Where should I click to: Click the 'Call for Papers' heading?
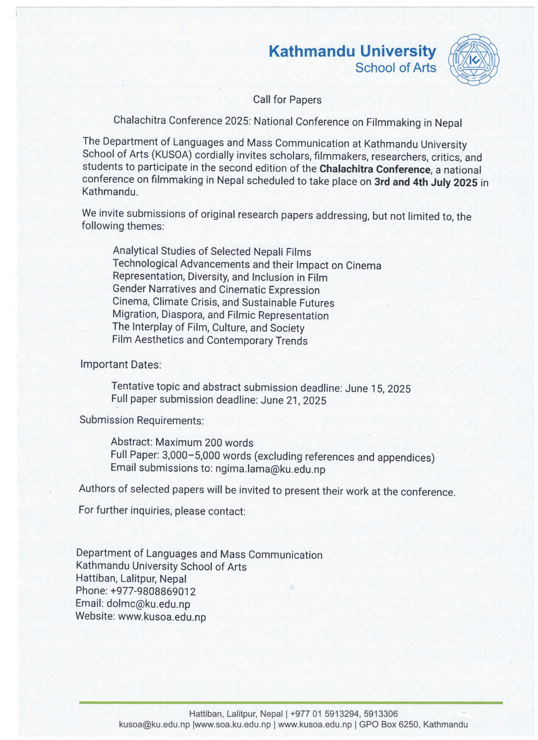click(x=287, y=100)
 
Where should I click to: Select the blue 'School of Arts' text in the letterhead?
click(x=395, y=68)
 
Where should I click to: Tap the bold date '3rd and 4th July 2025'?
click(x=426, y=182)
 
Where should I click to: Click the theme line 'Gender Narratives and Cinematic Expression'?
click(x=216, y=290)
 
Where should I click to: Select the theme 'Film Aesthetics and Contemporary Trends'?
click(x=210, y=340)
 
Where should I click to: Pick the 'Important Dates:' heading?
click(x=121, y=364)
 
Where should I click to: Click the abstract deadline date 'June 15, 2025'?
click(x=378, y=388)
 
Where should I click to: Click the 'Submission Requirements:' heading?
click(x=142, y=420)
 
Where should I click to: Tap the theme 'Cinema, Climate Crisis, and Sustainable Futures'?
click(x=223, y=302)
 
